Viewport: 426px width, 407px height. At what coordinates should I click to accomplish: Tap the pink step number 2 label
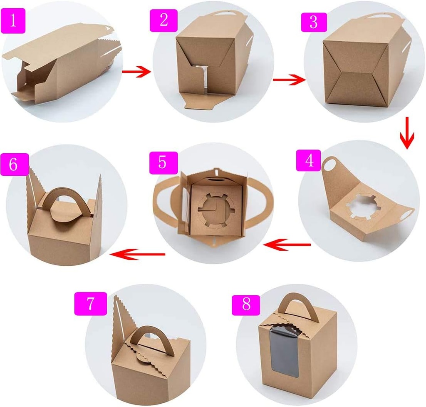click(x=163, y=19)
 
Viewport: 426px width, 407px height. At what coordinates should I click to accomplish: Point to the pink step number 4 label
click(x=308, y=160)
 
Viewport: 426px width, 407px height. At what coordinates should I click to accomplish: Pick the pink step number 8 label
click(x=246, y=304)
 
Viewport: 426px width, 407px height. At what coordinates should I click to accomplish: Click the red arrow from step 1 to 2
click(x=136, y=72)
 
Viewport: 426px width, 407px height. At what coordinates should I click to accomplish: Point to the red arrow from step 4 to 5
click(x=287, y=245)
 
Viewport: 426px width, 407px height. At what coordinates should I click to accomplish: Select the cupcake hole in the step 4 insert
click(x=361, y=207)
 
